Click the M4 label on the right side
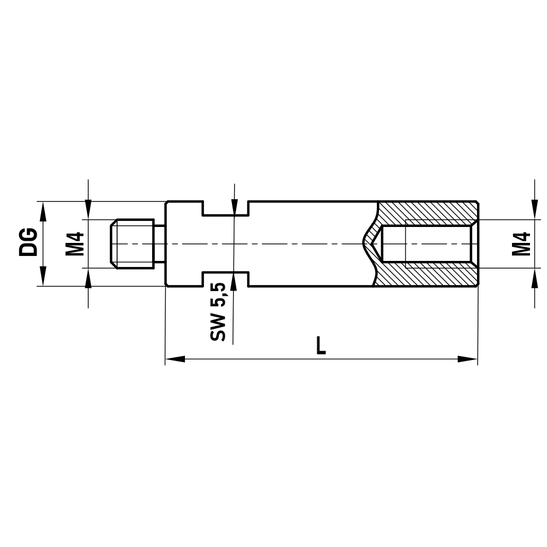click(x=522, y=243)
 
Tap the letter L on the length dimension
click(x=321, y=345)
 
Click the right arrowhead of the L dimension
click(x=468, y=359)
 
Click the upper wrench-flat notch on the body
click(x=226, y=208)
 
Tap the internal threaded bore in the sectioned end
click(x=427, y=243)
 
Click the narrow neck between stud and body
click(x=159, y=243)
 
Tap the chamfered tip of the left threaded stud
click(x=113, y=243)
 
